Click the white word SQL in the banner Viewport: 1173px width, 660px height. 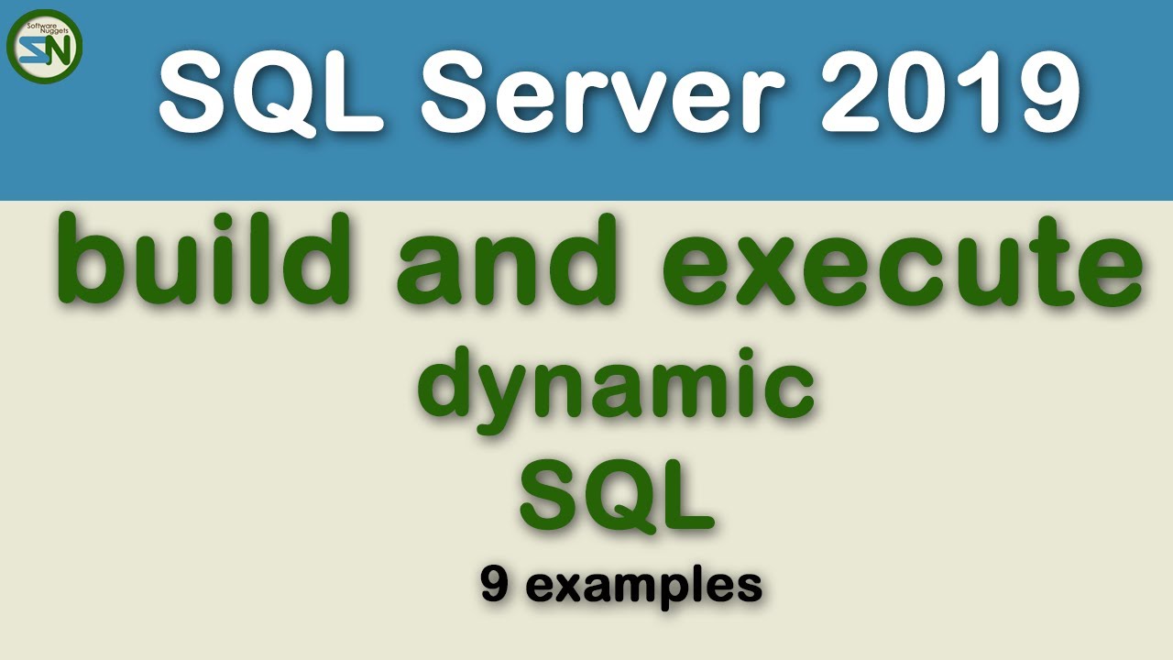coord(275,92)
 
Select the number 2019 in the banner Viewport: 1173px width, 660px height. coord(949,92)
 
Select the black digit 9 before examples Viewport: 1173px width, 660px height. coord(495,585)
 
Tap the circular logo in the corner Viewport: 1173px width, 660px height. coord(45,46)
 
